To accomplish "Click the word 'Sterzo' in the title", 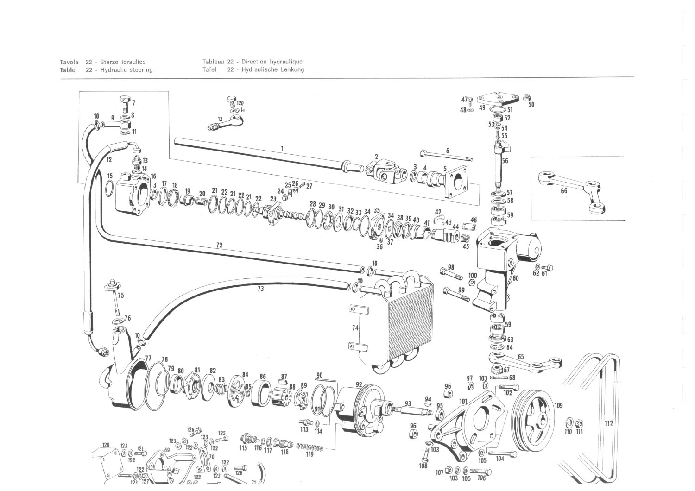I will tap(109, 62).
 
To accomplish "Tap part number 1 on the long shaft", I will tap(282, 149).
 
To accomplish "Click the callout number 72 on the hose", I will tap(219, 245).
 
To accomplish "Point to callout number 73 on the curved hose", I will tap(260, 289).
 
